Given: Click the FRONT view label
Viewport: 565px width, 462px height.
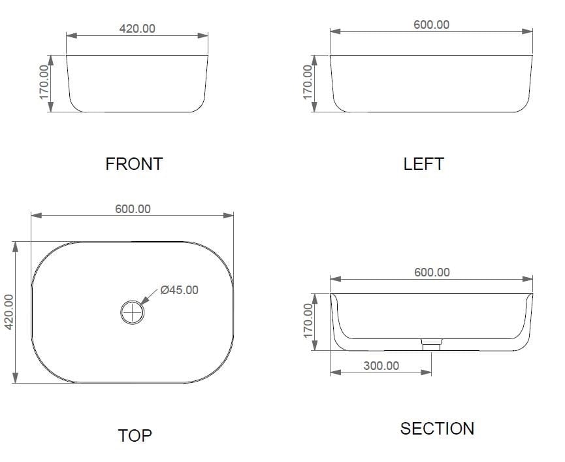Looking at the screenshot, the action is [x=134, y=163].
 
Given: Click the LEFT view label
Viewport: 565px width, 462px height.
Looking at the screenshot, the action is [x=423, y=163].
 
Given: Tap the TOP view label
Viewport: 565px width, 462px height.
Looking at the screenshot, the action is [x=135, y=435].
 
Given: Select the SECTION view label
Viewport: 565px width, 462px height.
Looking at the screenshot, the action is [x=437, y=429].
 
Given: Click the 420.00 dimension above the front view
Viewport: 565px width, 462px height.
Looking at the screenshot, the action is [x=137, y=29].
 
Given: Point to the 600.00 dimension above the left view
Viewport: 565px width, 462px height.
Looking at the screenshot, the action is [x=431, y=25].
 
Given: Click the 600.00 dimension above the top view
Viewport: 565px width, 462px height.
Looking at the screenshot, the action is [x=133, y=209].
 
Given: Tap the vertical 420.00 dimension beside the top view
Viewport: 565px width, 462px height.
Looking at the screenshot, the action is [x=10, y=312].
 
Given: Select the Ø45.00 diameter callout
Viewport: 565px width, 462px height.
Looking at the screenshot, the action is [x=179, y=289].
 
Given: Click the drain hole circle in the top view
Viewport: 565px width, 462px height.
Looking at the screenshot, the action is [x=133, y=312].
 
